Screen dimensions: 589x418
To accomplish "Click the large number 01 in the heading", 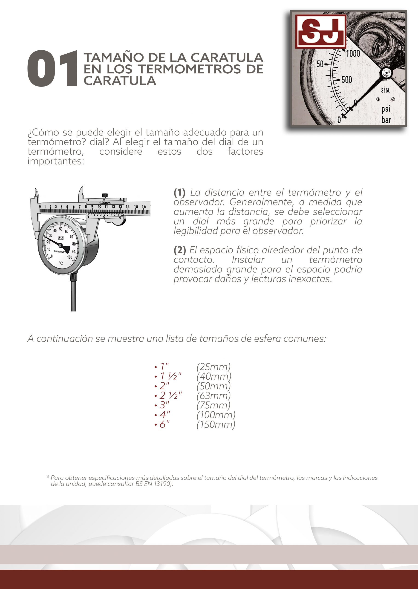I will point(52,69).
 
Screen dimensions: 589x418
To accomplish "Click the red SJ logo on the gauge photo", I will point(320,32).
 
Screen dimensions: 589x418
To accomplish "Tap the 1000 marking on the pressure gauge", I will point(353,54).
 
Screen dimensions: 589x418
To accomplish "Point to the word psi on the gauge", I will point(386,109).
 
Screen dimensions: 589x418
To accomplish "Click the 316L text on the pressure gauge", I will point(385,91).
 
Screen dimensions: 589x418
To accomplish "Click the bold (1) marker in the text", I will point(179,192).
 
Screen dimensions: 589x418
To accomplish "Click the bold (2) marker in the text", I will point(180,250).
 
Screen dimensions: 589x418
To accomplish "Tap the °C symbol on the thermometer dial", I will point(61,263).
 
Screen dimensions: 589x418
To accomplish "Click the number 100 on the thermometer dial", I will point(70,257).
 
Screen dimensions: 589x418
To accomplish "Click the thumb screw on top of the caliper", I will point(104,195).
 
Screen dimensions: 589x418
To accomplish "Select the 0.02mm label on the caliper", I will point(105,203).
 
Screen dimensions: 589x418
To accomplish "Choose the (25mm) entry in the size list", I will point(213,367).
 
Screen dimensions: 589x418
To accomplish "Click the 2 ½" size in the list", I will point(170,396).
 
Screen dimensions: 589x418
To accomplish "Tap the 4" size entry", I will point(164,415).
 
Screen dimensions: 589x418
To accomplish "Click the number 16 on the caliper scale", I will point(144,206).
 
